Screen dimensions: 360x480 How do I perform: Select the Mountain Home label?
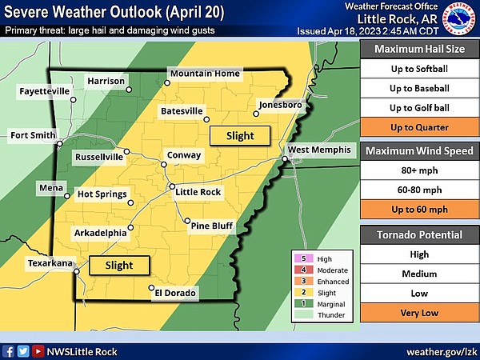tap(205, 74)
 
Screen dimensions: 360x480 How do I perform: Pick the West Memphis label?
tap(318, 150)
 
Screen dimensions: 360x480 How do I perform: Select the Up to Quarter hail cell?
tap(419, 127)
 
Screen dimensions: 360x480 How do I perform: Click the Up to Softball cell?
tap(419, 67)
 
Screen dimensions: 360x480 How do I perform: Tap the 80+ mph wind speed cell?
tap(419, 170)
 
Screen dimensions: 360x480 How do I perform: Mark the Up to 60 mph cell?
tap(419, 210)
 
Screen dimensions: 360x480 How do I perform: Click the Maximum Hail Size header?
tap(419, 48)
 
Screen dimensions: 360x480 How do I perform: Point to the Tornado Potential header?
tap(419, 234)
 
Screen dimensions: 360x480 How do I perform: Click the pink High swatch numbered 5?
tap(300, 259)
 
